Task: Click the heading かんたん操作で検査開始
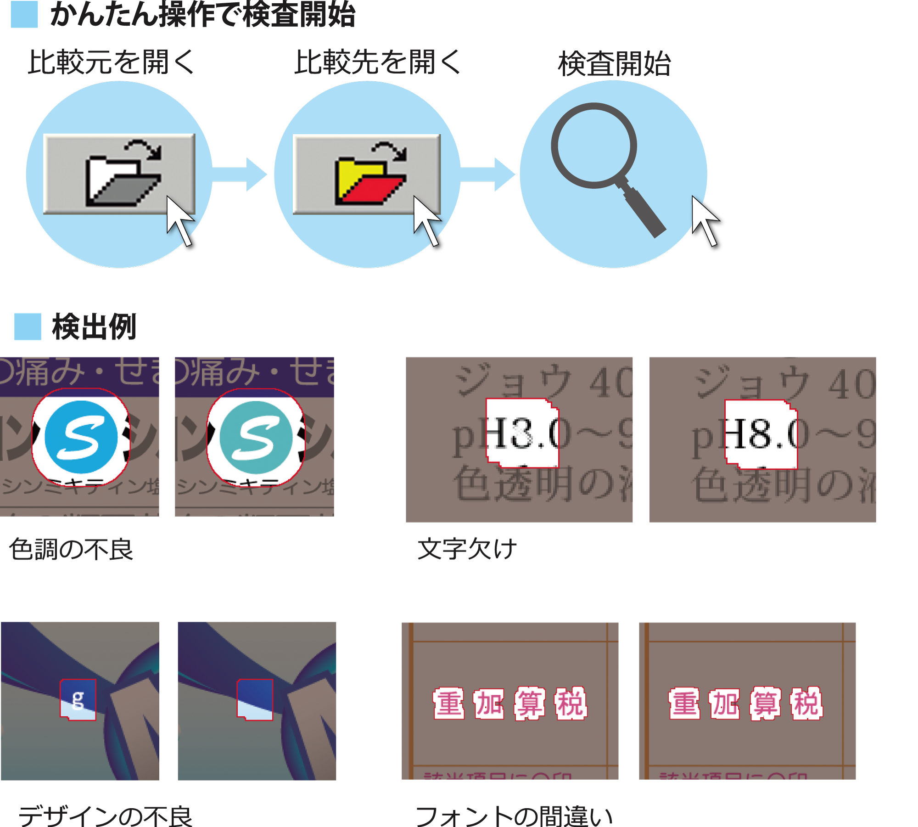coord(202,15)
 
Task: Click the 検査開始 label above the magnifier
coord(614,64)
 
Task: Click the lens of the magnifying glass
coord(594,146)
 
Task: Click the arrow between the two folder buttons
coord(241,174)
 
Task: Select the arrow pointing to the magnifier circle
coord(488,174)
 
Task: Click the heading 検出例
coord(94,327)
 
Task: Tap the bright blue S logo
coord(81,437)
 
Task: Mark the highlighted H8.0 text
coord(761,434)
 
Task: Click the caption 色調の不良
coord(71,549)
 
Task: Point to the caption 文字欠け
coord(467,549)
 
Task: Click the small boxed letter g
coord(78,699)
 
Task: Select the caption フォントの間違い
coord(514,816)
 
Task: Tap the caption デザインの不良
coord(106,816)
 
